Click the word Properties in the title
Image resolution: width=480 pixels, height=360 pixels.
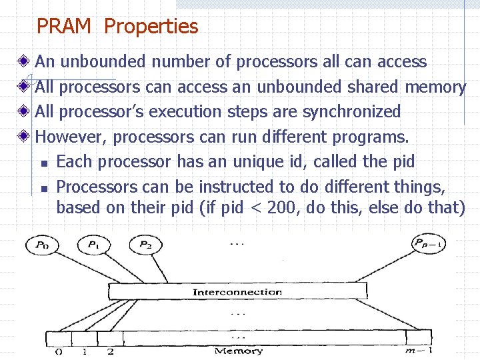pyautogui.click(x=151, y=27)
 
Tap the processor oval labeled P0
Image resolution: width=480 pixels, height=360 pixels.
pyautogui.click(x=42, y=245)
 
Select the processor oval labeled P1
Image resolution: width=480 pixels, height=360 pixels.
pyautogui.click(x=93, y=245)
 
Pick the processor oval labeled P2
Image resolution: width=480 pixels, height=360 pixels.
pyautogui.click(x=145, y=245)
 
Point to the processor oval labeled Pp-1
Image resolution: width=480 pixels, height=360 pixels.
pyautogui.click(x=429, y=245)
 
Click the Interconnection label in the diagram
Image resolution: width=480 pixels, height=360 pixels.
pyautogui.click(x=237, y=292)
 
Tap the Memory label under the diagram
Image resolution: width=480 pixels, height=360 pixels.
pyautogui.click(x=238, y=351)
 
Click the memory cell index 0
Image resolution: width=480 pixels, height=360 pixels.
pyautogui.click(x=58, y=351)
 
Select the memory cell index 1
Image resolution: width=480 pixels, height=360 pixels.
pyautogui.click(x=84, y=351)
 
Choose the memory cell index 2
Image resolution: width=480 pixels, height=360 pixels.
pyautogui.click(x=110, y=351)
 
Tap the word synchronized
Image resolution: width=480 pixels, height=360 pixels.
pyautogui.click(x=351, y=111)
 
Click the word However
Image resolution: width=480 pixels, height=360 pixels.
pyautogui.click(x=70, y=137)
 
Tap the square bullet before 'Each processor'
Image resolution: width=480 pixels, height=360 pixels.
pyautogui.click(x=43, y=163)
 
